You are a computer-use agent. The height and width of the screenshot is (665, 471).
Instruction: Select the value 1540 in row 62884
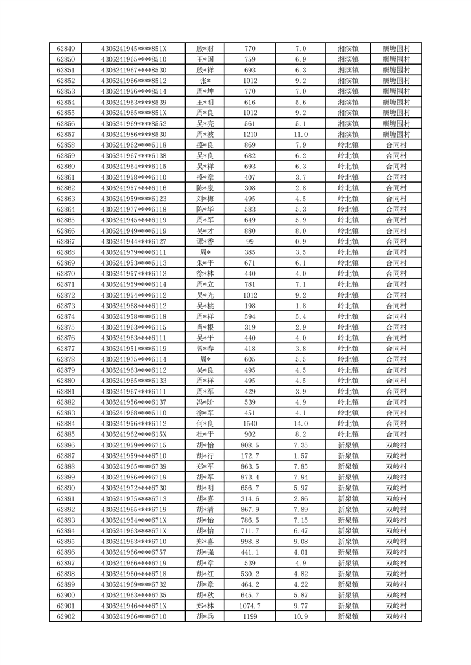tap(249, 424)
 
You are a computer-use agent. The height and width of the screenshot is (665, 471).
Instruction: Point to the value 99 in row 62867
tap(249, 241)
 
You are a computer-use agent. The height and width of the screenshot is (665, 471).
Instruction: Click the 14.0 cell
tap(301, 424)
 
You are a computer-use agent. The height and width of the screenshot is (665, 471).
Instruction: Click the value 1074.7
tap(249, 606)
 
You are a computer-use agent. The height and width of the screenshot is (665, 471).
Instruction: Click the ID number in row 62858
tap(134, 145)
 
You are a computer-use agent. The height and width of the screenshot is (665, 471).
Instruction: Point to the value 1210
tap(249, 135)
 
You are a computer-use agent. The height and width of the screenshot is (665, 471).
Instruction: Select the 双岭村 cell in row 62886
tap(396, 445)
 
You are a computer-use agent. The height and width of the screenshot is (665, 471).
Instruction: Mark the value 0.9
tap(301, 241)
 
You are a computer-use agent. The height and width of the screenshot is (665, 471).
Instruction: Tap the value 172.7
tap(249, 456)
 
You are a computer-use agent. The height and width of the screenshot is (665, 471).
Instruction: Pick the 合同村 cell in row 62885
tap(396, 434)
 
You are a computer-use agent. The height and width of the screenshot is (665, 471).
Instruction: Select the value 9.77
tap(301, 606)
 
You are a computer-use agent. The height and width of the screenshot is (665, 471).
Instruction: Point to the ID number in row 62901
tap(134, 606)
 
